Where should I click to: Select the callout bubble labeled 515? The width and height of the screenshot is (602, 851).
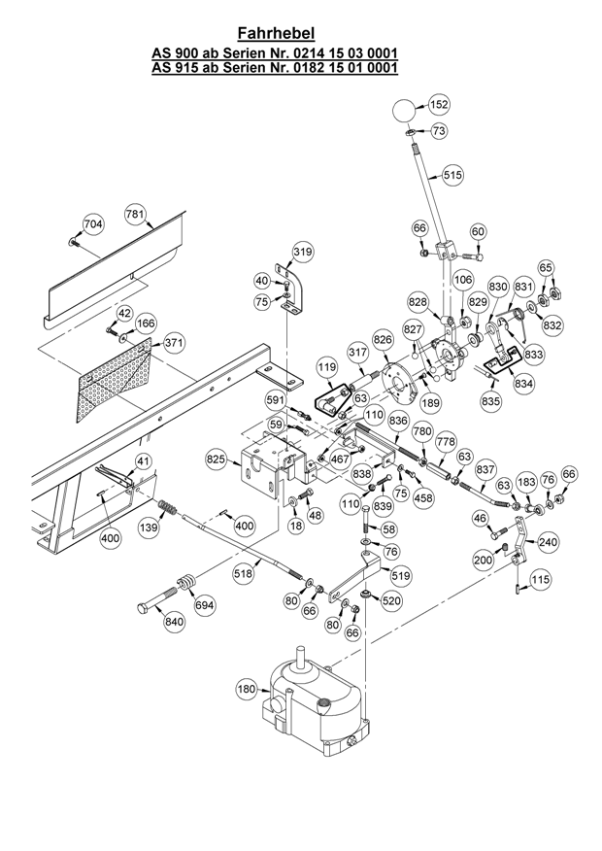point(452,176)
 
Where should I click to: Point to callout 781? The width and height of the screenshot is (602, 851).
point(136,214)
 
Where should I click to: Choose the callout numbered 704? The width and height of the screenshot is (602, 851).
point(92,224)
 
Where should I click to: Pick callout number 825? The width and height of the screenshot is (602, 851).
point(216,458)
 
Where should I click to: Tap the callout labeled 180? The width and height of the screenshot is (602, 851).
point(247,689)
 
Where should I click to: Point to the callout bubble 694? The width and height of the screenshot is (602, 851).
point(205,604)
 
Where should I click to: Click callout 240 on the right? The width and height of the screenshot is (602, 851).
point(549,542)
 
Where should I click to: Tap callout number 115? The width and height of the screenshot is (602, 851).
point(541,579)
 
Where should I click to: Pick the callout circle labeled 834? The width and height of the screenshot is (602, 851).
point(524,384)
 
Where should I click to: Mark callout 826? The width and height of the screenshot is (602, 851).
point(382,338)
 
